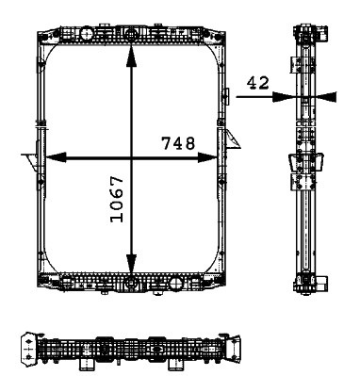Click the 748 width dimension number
(178, 143)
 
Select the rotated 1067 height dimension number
(117, 199)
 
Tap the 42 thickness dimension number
(258, 83)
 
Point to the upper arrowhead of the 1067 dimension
(131, 56)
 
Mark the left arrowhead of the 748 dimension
(56, 157)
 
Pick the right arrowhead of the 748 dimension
(207, 157)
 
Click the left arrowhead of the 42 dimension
(284, 97)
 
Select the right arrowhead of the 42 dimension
(326, 97)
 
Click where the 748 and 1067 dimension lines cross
(131, 157)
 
